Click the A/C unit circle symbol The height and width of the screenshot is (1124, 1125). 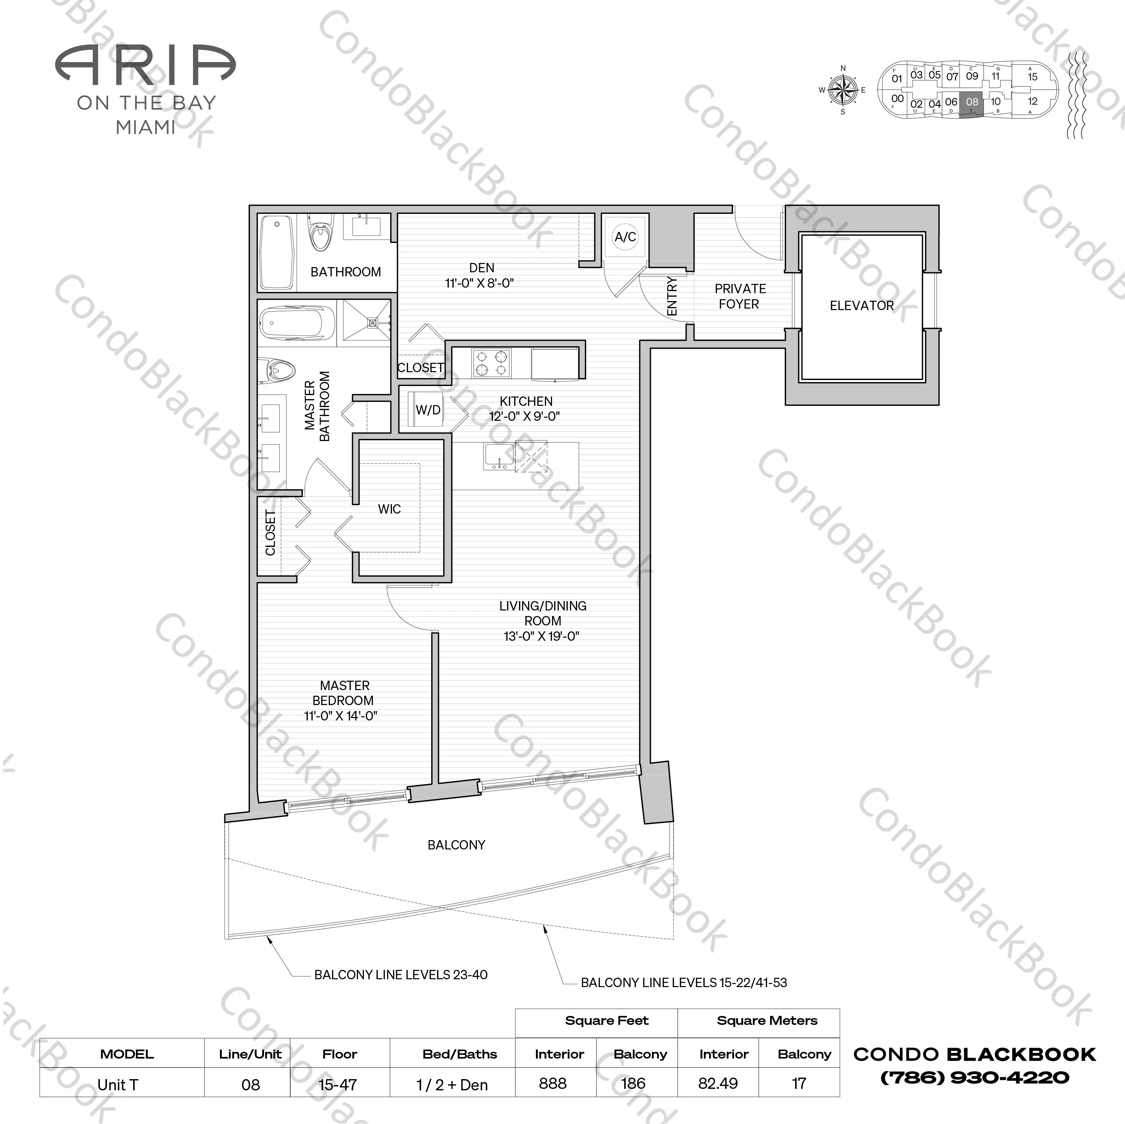[625, 237]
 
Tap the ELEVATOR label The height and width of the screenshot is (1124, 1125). [861, 306]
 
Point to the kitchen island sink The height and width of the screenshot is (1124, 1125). [499, 456]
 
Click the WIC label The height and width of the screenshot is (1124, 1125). [389, 509]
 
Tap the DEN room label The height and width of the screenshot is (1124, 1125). [482, 268]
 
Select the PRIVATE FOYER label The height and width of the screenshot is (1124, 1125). [739, 297]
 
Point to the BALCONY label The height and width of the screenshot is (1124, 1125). [456, 845]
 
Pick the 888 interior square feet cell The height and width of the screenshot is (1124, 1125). [553, 1083]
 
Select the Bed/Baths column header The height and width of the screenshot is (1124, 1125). [459, 1054]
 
